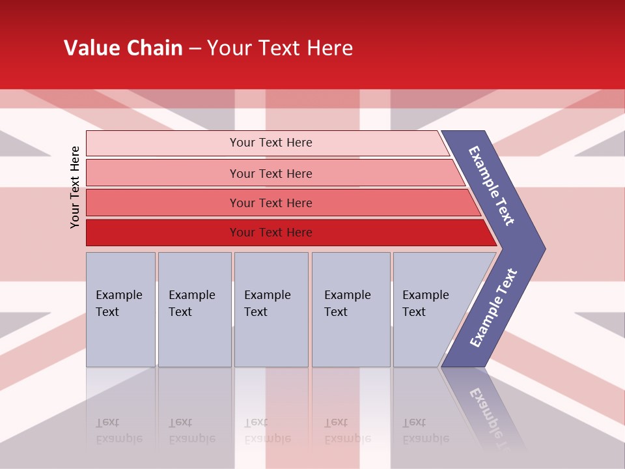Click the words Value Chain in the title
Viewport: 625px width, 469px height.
click(123, 48)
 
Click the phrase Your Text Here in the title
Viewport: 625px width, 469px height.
click(280, 48)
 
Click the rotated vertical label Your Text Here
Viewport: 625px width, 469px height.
click(76, 187)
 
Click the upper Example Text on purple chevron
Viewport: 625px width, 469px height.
click(492, 186)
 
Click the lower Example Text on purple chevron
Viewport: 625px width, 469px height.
click(493, 307)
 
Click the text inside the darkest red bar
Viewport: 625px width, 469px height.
click(271, 233)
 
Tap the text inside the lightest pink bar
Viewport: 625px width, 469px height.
click(271, 143)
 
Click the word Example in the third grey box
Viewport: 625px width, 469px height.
click(267, 295)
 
